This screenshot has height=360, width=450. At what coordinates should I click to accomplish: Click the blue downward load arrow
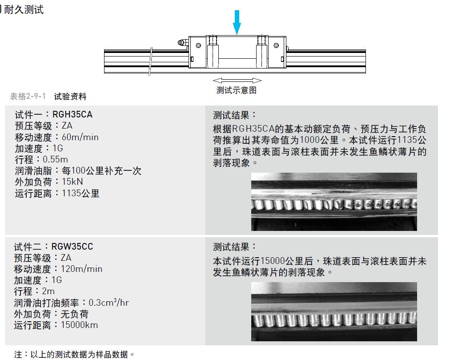(x=237, y=22)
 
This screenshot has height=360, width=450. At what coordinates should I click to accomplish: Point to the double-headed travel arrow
(x=237, y=80)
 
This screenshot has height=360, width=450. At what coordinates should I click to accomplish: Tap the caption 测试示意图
(x=236, y=90)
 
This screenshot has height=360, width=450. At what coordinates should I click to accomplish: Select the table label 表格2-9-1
(x=28, y=96)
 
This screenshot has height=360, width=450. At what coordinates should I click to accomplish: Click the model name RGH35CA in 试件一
(x=72, y=115)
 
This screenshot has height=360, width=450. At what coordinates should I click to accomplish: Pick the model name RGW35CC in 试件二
(x=72, y=247)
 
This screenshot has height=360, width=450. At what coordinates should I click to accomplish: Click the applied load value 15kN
(x=72, y=182)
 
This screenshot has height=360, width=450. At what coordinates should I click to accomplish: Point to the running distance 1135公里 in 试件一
(x=80, y=193)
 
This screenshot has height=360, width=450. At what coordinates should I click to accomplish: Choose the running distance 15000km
(x=80, y=325)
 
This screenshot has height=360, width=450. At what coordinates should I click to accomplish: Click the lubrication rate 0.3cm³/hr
(x=109, y=303)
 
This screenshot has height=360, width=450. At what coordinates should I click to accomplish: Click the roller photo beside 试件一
(x=334, y=202)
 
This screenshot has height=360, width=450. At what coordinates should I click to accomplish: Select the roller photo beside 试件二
(x=334, y=311)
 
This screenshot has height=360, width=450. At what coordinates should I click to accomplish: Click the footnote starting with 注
(x=74, y=355)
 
